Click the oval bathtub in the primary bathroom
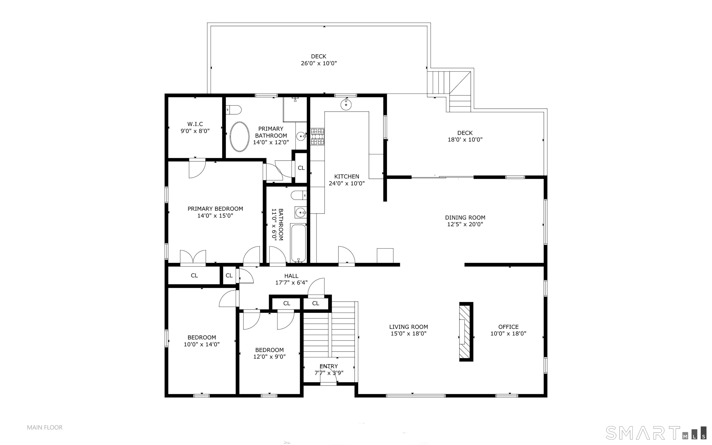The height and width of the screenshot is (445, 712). click(240, 137)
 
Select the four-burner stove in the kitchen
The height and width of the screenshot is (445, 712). click(318, 137)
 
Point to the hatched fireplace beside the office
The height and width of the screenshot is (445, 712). click(466, 332)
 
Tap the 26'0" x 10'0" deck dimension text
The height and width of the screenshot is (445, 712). click(319, 63)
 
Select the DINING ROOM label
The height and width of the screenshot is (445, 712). click(465, 218)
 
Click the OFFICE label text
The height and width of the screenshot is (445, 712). click(509, 327)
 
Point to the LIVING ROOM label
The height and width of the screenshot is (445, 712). click(408, 327)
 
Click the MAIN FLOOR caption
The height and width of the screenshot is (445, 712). click(45, 427)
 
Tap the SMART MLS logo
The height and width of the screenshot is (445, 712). click(655, 433)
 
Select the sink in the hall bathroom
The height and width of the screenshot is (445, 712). click(301, 212)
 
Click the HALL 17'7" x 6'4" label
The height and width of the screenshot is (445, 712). click(291, 279)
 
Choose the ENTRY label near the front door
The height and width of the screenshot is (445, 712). click(329, 366)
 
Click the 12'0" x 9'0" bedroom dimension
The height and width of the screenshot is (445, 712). click(269, 357)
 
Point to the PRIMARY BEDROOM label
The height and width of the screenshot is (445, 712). click(215, 209)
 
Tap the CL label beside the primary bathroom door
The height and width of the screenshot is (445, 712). click(301, 168)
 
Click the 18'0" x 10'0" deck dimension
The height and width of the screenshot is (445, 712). click(465, 140)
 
